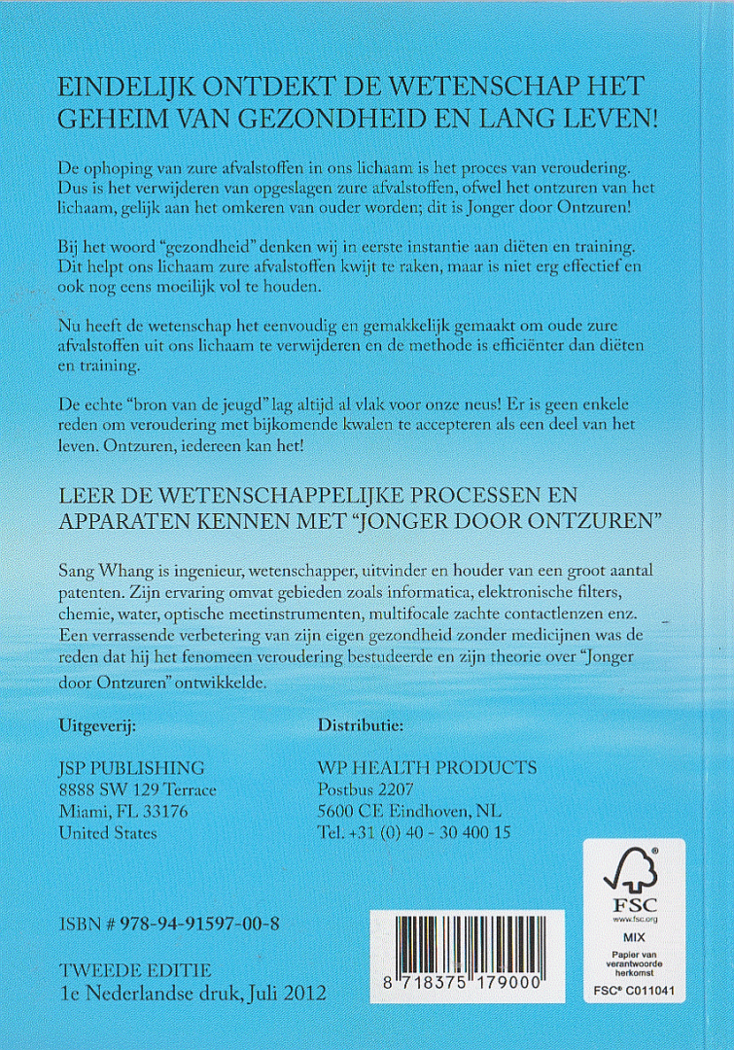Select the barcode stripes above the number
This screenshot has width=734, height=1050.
pyautogui.click(x=459, y=941)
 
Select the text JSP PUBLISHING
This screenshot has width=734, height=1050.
pyautogui.click(x=131, y=768)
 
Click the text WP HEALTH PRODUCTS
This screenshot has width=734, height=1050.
pyautogui.click(x=427, y=768)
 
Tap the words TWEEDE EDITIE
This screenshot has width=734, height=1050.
pyautogui.click(x=134, y=971)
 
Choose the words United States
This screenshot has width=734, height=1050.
pyautogui.click(x=108, y=833)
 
